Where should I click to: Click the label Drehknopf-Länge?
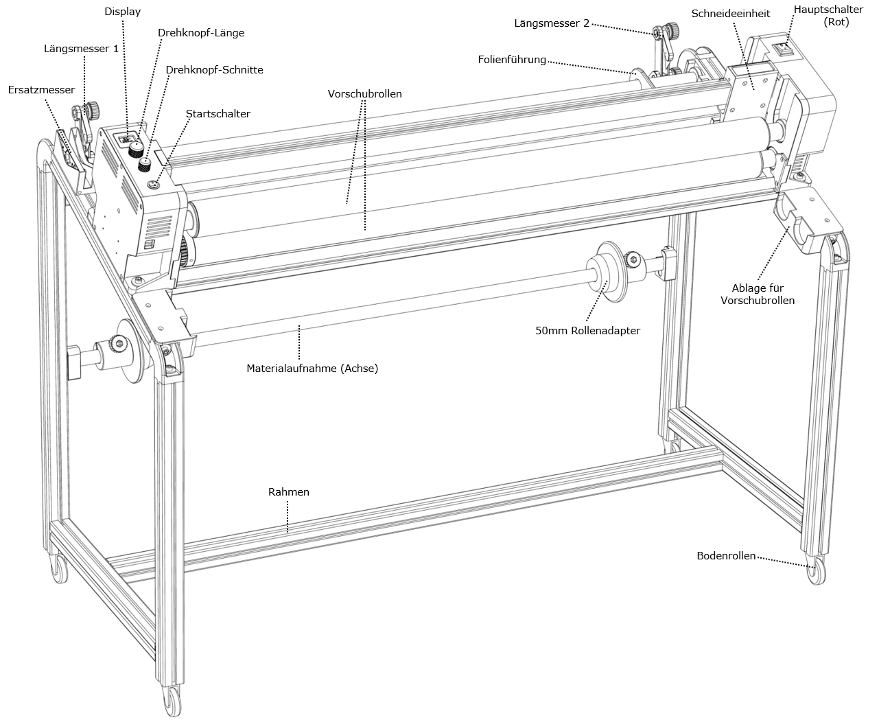pyautogui.click(x=200, y=33)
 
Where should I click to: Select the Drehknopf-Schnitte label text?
pyautogui.click(x=214, y=70)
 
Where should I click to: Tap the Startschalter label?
pyautogui.click(x=218, y=114)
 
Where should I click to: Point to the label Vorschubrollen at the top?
pyautogui.click(x=364, y=94)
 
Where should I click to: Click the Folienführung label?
pyautogui.click(x=512, y=60)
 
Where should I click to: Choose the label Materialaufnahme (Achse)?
pyautogui.click(x=312, y=369)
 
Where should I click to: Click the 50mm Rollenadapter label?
pyautogui.click(x=587, y=331)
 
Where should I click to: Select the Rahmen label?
pyautogui.click(x=288, y=492)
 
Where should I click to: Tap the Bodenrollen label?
pyautogui.click(x=726, y=556)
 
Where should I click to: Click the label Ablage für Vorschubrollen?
pyautogui.click(x=758, y=294)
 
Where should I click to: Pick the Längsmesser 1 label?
pyautogui.click(x=81, y=49)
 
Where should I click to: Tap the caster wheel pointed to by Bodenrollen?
pyautogui.click(x=817, y=572)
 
